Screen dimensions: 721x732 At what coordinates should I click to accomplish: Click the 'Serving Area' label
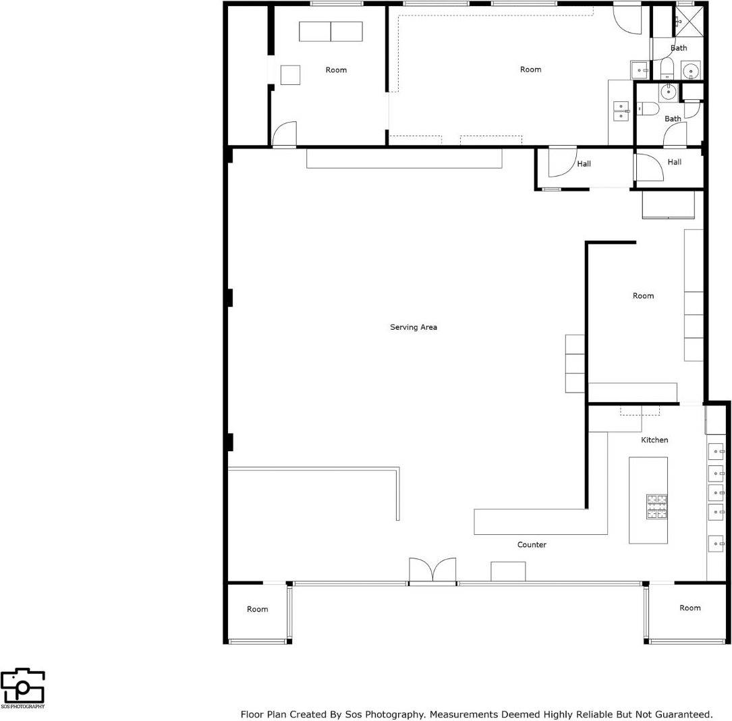[x=414, y=327]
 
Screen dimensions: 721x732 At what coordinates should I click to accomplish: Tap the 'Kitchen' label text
[x=654, y=440]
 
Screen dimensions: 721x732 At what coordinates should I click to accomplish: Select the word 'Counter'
[x=532, y=544]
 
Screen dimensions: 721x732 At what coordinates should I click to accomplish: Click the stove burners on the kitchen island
[x=657, y=507]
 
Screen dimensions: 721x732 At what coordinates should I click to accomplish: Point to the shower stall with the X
[x=689, y=22]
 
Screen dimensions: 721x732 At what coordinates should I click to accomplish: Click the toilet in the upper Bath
[x=667, y=67]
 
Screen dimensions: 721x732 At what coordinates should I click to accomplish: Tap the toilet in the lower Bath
[x=649, y=108]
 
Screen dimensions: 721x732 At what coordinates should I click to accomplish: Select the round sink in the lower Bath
[x=669, y=92]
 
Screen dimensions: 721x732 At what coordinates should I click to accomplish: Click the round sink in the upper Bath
[x=691, y=69]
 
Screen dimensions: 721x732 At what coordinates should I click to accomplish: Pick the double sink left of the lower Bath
[x=621, y=111]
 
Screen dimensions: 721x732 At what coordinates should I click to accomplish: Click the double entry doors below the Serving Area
[x=432, y=570]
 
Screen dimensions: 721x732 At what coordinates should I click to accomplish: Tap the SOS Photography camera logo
[x=22, y=687]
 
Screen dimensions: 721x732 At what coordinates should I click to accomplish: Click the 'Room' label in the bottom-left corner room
[x=257, y=609]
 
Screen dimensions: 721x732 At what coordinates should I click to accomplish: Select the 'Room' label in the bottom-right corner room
[x=689, y=608]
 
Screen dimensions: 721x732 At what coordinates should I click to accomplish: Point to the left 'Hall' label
[x=584, y=164]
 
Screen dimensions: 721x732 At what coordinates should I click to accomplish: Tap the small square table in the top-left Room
[x=290, y=75]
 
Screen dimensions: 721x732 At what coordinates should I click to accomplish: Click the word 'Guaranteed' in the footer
[x=683, y=714]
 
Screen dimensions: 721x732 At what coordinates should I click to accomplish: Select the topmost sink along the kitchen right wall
[x=715, y=451]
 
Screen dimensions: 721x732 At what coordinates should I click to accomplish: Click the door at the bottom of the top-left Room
[x=284, y=134]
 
